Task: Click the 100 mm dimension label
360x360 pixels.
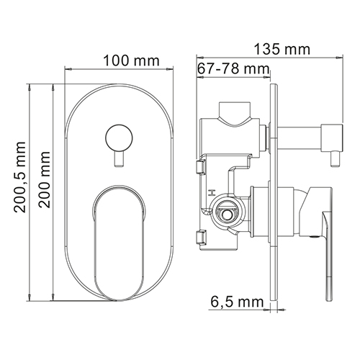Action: (131, 61)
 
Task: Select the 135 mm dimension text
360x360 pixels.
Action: (282, 49)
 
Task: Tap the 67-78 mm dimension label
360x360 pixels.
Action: (233, 69)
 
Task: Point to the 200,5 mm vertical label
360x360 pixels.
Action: (19, 177)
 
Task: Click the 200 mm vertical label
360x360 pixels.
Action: (45, 179)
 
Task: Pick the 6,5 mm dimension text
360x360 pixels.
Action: (237, 302)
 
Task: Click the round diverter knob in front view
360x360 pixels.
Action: (119, 138)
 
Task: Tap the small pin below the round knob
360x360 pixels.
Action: (119, 159)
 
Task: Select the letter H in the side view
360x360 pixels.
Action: (212, 193)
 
